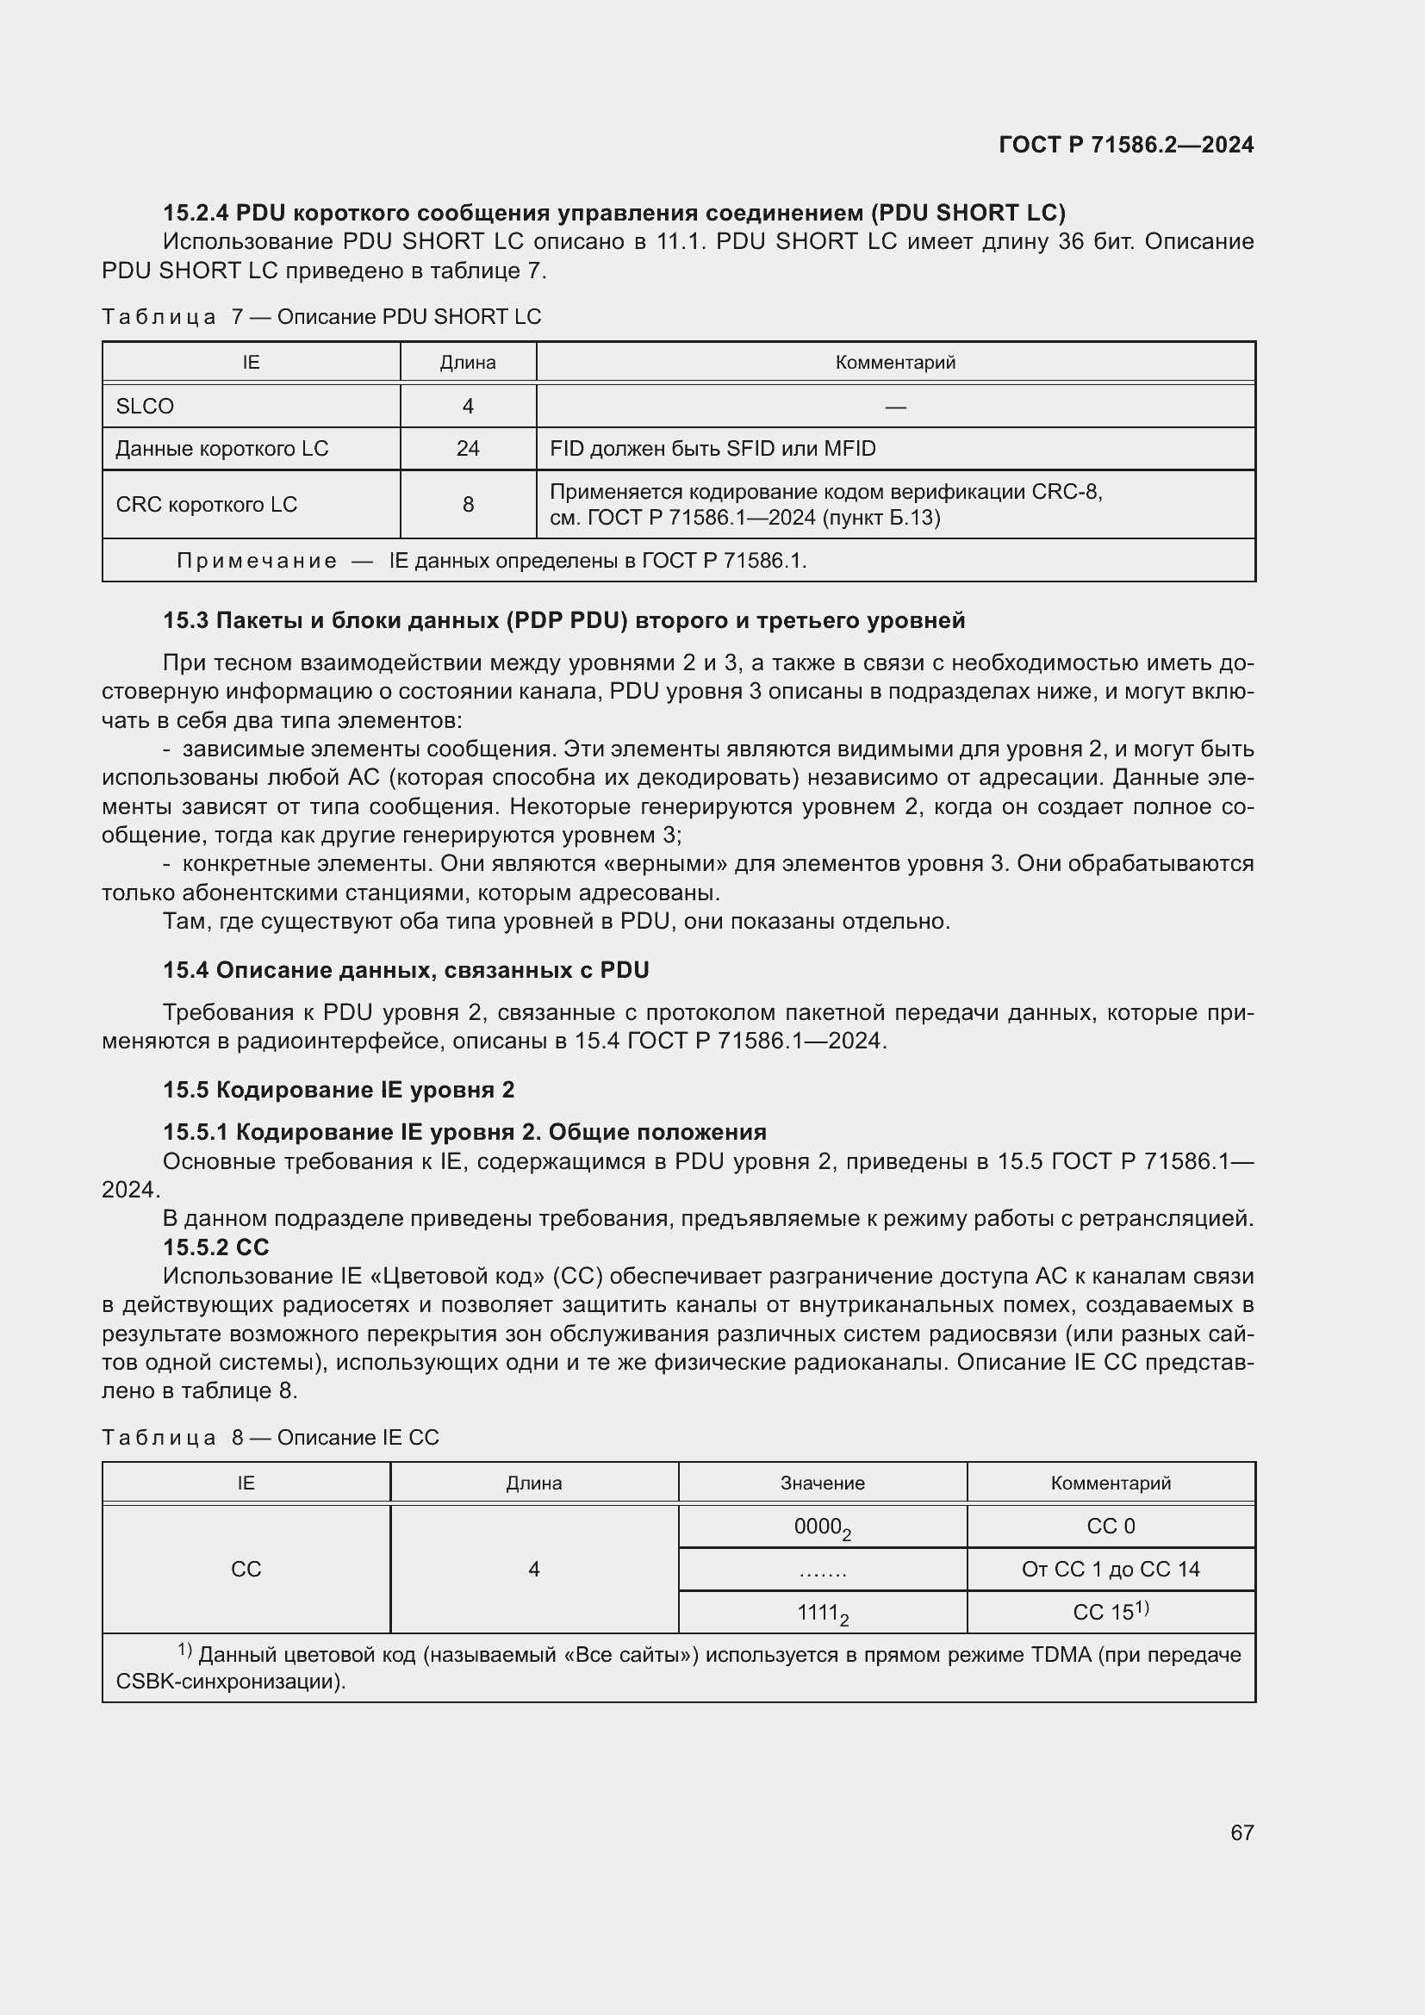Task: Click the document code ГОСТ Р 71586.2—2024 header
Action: click(x=1126, y=145)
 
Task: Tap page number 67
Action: click(x=1241, y=1832)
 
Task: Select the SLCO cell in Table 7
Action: click(x=145, y=407)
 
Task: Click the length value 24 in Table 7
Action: click(x=468, y=449)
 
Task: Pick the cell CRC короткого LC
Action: click(x=206, y=505)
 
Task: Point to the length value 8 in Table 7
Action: click(x=468, y=505)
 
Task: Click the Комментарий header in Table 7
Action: click(x=895, y=363)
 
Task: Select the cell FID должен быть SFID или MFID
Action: click(x=712, y=449)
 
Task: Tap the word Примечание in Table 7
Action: click(x=256, y=561)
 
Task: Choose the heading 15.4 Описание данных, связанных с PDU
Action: click(x=406, y=970)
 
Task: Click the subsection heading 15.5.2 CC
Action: click(x=216, y=1247)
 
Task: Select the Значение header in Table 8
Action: click(x=822, y=1483)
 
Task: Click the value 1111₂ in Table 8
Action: click(x=822, y=1613)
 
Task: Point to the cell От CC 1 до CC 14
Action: click(x=1110, y=1569)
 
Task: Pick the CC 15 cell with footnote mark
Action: click(x=1110, y=1611)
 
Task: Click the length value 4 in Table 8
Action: click(x=533, y=1569)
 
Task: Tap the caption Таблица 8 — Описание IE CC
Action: click(x=271, y=1438)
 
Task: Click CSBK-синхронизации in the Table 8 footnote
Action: click(x=228, y=1682)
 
